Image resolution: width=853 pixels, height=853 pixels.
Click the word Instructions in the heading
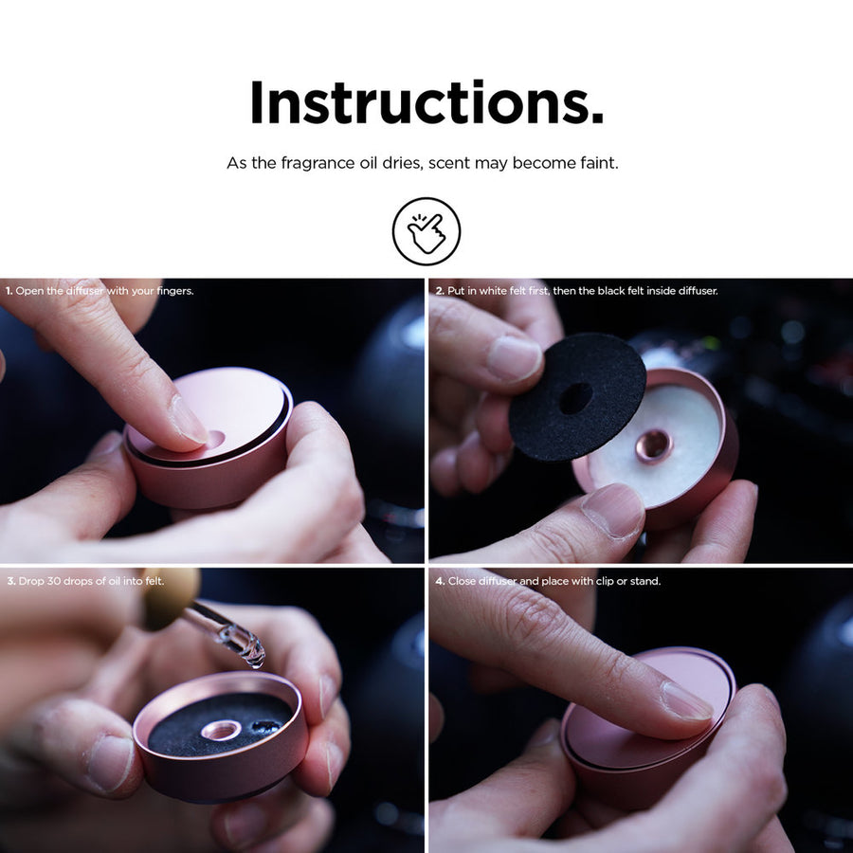click(426, 102)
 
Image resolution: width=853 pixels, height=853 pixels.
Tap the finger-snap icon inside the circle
click(426, 232)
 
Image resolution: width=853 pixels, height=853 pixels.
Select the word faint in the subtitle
click(599, 163)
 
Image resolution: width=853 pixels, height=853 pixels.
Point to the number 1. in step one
click(9, 291)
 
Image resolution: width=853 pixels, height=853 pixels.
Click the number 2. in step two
click(440, 291)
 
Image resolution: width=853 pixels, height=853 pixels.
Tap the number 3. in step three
click(11, 581)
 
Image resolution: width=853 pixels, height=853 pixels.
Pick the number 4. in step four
click(440, 581)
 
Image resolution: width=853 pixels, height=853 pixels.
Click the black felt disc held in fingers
click(576, 398)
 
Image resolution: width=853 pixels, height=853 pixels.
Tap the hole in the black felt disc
click(576, 398)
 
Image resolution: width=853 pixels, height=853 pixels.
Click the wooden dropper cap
click(170, 597)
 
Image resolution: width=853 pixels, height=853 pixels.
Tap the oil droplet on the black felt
click(265, 726)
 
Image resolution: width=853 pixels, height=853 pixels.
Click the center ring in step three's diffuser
click(221, 730)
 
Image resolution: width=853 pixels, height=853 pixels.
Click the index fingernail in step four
click(686, 700)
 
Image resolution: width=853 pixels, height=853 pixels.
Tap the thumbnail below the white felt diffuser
click(613, 510)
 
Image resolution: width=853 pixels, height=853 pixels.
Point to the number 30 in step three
click(54, 581)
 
